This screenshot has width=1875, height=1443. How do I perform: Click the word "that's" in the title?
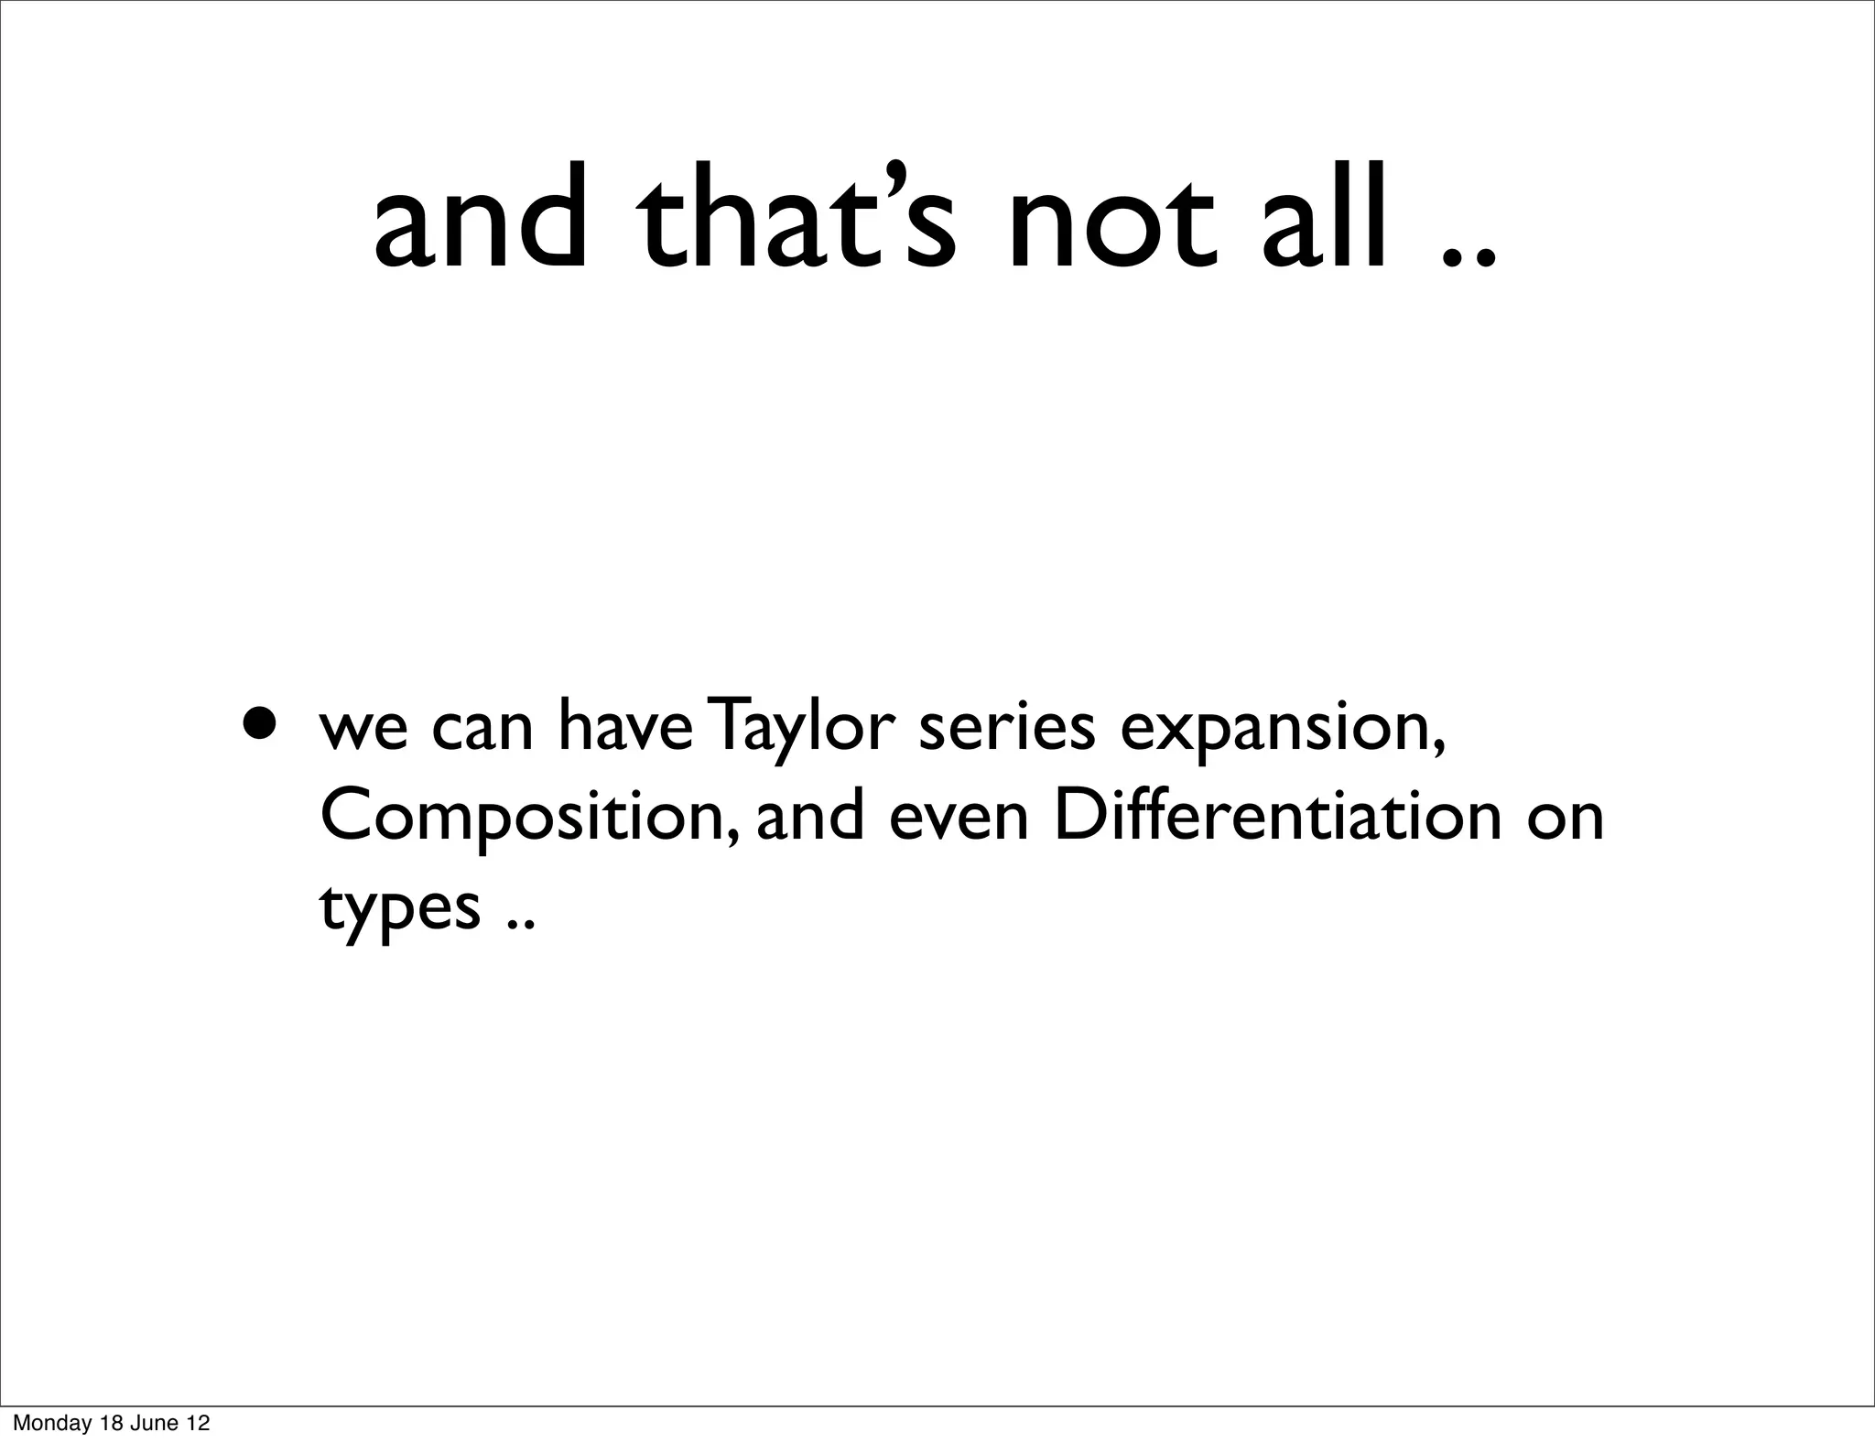[796, 220]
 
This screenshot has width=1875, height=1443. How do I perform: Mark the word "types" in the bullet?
[399, 909]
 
